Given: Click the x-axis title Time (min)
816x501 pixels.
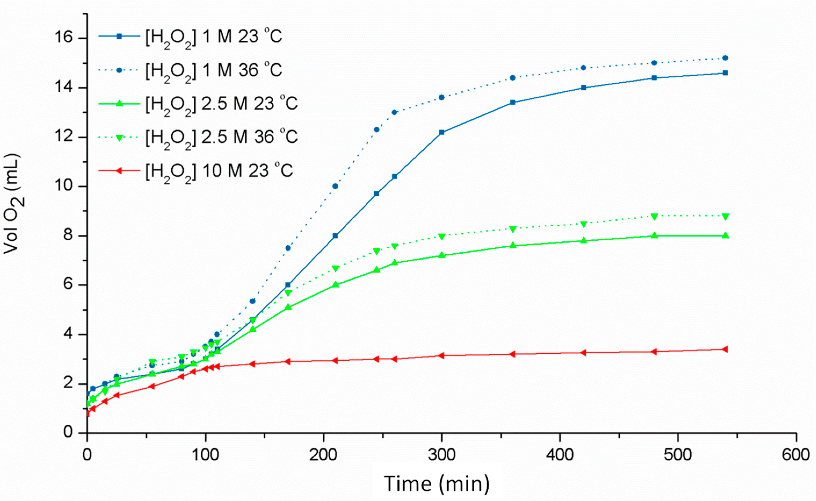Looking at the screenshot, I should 436,484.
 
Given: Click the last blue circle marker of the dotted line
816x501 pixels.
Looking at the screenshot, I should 725,58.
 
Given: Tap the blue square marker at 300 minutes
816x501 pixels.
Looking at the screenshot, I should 441,132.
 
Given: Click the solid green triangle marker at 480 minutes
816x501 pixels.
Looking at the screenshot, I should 654,235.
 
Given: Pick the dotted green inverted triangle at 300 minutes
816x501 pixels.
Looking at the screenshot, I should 441,237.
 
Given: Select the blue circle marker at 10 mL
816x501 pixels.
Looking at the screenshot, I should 335,186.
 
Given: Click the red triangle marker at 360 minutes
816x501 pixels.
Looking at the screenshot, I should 512,354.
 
